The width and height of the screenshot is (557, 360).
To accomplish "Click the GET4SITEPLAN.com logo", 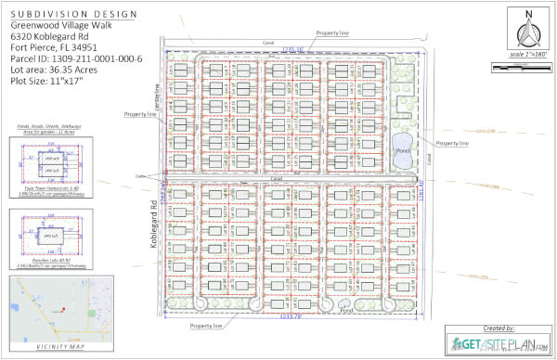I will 498,345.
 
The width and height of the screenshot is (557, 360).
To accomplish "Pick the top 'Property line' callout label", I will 331,32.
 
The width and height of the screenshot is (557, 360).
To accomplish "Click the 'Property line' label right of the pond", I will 452,144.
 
